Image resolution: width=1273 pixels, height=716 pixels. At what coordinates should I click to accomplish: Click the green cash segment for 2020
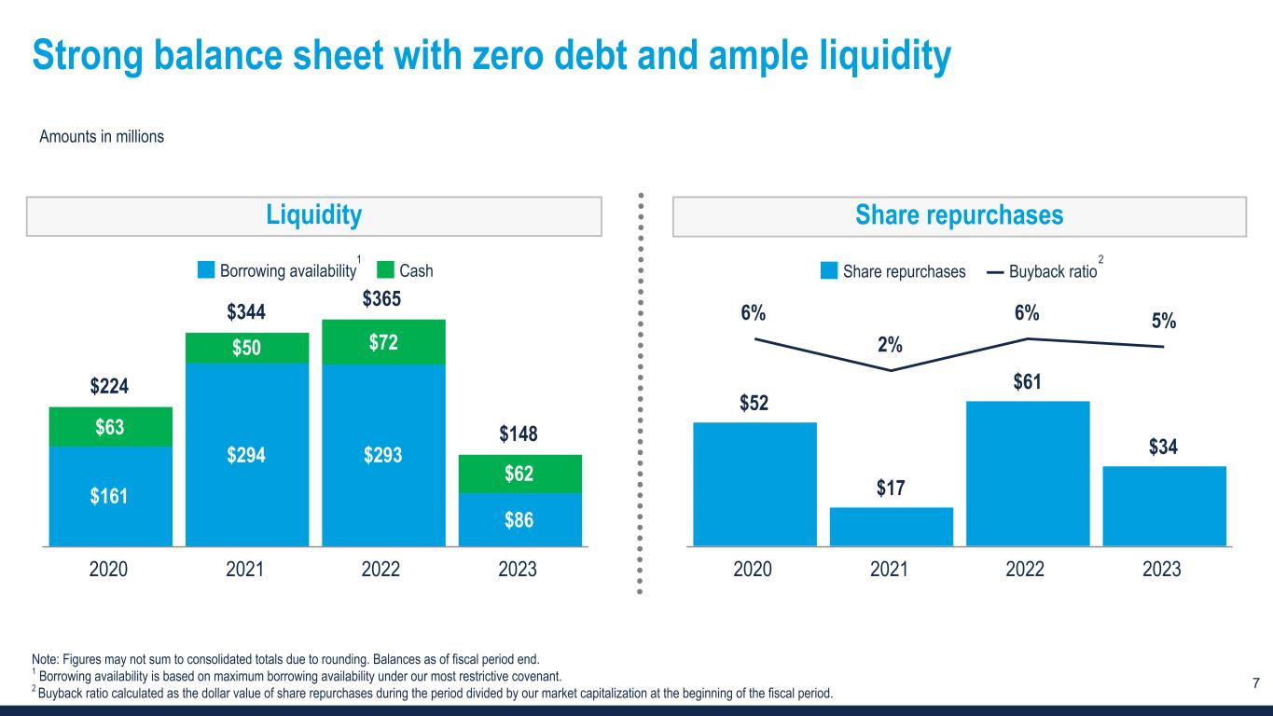pos(110,427)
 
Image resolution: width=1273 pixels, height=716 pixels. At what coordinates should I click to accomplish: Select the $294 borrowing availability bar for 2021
pos(247,454)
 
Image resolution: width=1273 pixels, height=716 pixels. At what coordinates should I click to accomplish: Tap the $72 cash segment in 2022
pos(383,342)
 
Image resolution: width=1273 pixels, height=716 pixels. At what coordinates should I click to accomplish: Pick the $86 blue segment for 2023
pos(519,519)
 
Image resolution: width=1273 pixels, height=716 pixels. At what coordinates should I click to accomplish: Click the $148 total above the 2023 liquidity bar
pos(519,434)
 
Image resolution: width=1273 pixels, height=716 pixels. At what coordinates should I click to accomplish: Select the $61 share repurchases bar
pos(1027,473)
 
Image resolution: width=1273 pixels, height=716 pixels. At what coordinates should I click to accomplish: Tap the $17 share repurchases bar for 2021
pos(891,526)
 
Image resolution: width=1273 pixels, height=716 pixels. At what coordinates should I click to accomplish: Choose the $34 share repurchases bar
pos(1163,505)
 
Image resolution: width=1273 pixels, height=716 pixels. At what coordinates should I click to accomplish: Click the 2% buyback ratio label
pos(891,345)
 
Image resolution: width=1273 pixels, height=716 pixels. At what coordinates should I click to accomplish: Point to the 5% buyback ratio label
pos(1163,321)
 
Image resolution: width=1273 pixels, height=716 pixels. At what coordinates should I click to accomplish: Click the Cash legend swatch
pos(386,271)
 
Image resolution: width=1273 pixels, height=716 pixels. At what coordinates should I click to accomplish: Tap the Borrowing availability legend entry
pos(278,271)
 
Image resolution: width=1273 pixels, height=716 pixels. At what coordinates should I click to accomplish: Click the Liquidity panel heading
pos(313,216)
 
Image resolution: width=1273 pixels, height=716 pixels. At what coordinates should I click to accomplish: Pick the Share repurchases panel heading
pos(960,216)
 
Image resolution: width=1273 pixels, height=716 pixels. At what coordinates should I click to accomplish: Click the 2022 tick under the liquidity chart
pos(383,569)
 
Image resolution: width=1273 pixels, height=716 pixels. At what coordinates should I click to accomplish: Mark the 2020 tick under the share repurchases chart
pos(754,569)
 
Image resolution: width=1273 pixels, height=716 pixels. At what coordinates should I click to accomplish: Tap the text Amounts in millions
pos(102,137)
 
